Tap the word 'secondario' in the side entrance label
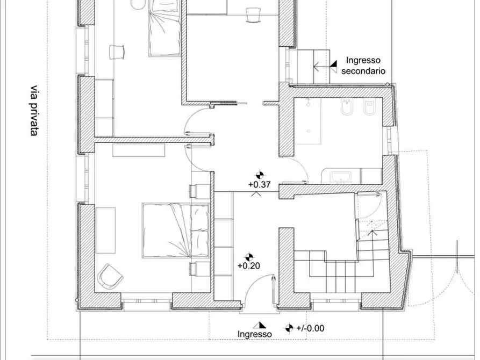point(365,70)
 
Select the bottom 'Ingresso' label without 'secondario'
point(255,334)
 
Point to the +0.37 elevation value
point(259,184)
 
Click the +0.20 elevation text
point(248,265)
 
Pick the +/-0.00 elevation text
point(311,328)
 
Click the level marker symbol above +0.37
point(260,175)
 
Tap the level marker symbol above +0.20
point(249,257)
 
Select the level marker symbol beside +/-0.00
point(289,327)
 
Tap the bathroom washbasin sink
point(339,176)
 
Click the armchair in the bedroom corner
point(110,276)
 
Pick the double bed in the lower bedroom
point(175,229)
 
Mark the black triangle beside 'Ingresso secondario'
point(333,64)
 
